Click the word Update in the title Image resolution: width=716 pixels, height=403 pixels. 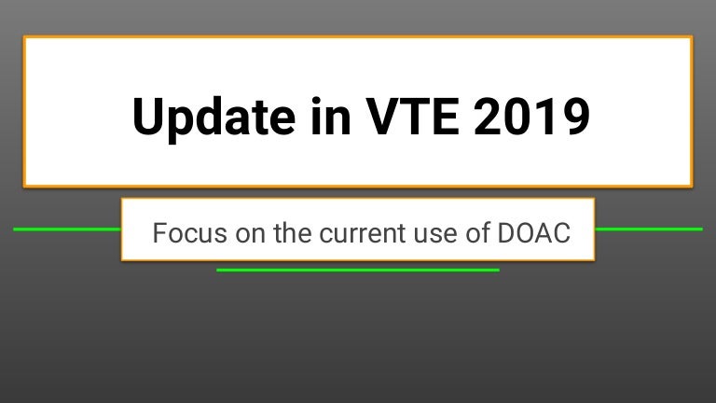(213, 118)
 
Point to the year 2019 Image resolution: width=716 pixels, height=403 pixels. (531, 116)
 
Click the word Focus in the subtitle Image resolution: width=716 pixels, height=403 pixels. (189, 233)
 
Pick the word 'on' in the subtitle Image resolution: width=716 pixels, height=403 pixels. (250, 235)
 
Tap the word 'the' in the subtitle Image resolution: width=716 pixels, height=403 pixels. (292, 233)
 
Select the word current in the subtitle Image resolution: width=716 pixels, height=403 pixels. (362, 234)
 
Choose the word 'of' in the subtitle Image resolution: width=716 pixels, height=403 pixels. (477, 233)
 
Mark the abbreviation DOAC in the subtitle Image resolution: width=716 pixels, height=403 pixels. (534, 233)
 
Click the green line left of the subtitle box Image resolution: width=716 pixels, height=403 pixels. (67, 229)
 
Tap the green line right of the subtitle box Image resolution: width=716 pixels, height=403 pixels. (649, 229)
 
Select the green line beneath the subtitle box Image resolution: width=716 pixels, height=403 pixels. (358, 270)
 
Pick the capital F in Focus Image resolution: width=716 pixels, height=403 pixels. (159, 233)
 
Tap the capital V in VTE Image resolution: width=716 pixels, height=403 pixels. (382, 116)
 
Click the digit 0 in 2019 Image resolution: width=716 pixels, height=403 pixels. (517, 116)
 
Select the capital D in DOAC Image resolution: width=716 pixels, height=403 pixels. (506, 233)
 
